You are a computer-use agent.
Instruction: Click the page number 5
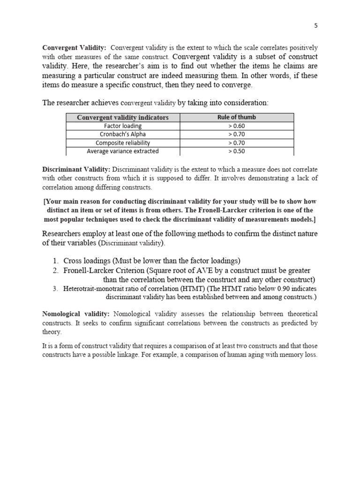pos(316,26)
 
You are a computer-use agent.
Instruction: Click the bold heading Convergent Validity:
pos(75,48)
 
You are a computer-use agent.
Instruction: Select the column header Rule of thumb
pos(236,117)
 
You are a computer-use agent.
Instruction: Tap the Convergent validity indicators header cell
pos(122,117)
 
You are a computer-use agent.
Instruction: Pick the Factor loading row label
pos(122,126)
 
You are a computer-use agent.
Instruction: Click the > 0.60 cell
pos(236,126)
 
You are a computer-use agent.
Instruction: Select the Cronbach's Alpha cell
pos(122,134)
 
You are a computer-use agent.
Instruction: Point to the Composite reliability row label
pos(122,142)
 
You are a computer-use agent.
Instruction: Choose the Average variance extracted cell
pos(122,151)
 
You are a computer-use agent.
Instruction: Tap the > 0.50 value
pos(236,151)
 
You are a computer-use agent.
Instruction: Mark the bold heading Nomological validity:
pos(76,314)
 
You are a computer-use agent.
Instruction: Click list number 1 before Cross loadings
pos(55,261)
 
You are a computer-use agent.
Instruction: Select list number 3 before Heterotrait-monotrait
pos(55,289)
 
